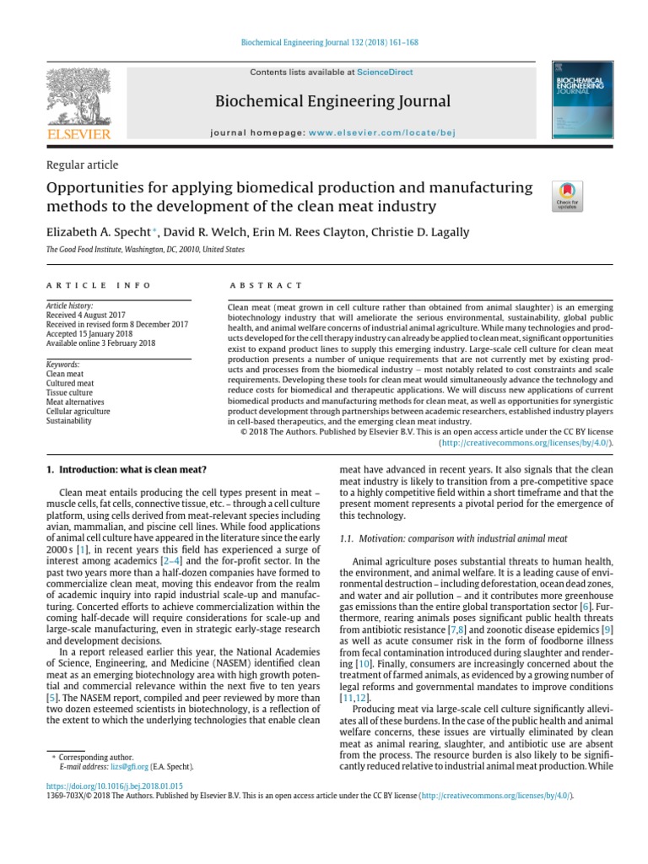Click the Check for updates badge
click(x=565, y=195)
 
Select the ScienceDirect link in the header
click(x=385, y=73)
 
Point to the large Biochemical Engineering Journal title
click(x=332, y=102)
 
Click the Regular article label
click(x=81, y=165)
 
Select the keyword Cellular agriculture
click(x=78, y=411)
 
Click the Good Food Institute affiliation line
click(x=145, y=250)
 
